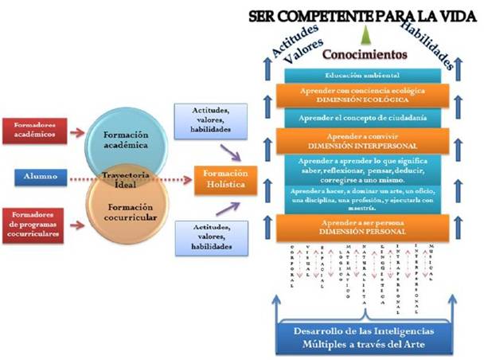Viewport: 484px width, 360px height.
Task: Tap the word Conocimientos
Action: [365, 54]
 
